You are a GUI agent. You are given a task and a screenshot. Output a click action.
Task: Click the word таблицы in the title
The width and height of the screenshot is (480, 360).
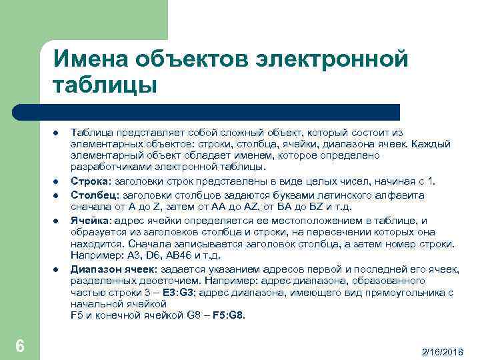104,86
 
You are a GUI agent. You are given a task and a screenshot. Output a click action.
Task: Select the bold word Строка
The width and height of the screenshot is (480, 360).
91,181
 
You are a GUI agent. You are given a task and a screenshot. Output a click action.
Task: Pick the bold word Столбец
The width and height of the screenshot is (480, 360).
93,195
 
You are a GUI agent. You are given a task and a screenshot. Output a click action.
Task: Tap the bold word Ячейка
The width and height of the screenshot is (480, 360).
91,220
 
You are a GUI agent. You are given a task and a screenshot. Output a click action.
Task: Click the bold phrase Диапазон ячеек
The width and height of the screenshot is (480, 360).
112,269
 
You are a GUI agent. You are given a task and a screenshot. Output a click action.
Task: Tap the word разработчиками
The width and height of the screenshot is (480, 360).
107,167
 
